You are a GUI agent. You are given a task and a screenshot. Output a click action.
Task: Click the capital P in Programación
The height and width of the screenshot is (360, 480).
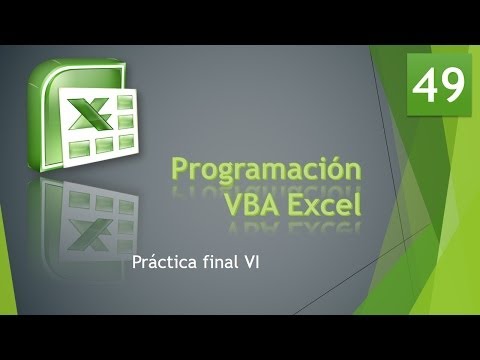[x=183, y=169]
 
